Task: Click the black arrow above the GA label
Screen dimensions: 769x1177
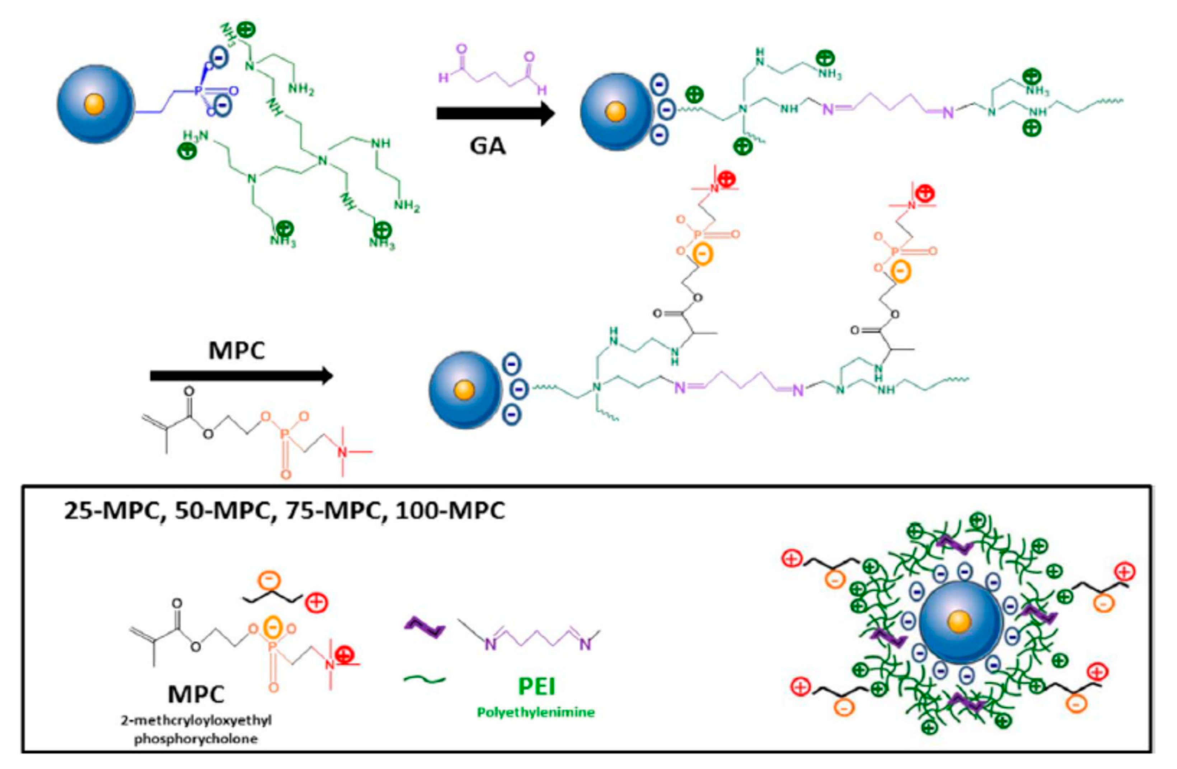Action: (494, 114)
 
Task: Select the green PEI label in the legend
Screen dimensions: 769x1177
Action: (536, 686)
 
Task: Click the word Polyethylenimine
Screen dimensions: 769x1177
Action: (536, 713)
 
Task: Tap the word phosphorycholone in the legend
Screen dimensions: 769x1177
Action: (196, 739)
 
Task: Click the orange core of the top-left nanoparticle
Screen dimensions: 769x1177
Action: (94, 105)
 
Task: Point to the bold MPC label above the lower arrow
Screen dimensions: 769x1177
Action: (236, 350)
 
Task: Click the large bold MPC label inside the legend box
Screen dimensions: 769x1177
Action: (196, 694)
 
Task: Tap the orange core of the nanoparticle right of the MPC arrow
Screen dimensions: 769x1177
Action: (464, 390)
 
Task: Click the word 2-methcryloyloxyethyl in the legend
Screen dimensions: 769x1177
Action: (196, 720)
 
